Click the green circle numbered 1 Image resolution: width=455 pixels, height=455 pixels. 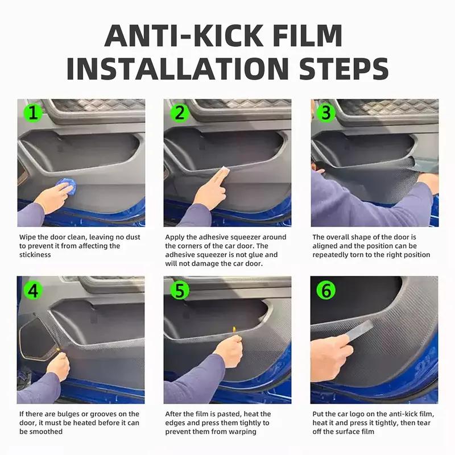pyautogui.click(x=34, y=113)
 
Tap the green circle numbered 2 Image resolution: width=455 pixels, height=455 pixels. pyautogui.click(x=180, y=113)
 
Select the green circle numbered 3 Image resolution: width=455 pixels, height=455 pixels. pyautogui.click(x=326, y=113)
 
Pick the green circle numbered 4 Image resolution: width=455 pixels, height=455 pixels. pyautogui.click(x=34, y=290)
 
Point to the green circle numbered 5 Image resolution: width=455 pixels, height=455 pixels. pyautogui.click(x=180, y=290)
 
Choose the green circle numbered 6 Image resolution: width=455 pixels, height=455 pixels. pyautogui.click(x=326, y=290)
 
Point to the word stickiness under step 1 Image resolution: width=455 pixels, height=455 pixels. pyautogui.click(x=35, y=255)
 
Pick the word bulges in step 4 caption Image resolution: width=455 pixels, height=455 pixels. pyautogui.click(x=73, y=414)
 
